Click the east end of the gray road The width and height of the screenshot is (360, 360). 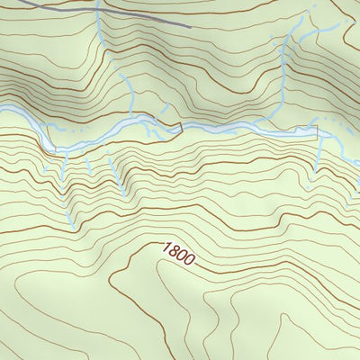pyautogui.click(x=192, y=26)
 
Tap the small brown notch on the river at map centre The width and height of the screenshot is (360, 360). pyautogui.click(x=179, y=125)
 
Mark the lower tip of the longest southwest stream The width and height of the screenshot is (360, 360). pyautogui.click(x=70, y=225)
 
